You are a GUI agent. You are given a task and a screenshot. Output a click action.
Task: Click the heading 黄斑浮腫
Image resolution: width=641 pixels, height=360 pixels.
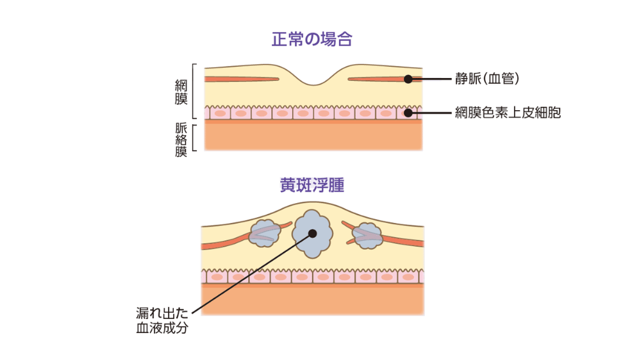pyautogui.click(x=312, y=185)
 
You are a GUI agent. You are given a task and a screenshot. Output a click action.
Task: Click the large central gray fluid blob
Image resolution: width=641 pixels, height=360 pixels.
pyautogui.click(x=312, y=234)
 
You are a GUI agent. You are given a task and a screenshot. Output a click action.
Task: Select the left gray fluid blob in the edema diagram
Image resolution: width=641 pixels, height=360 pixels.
pyautogui.click(x=263, y=233)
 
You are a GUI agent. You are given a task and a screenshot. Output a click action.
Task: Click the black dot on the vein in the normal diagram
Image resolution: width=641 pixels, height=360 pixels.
pyautogui.click(x=408, y=79)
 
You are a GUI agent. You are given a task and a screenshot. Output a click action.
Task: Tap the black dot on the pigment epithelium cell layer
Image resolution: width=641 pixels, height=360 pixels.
pyautogui.click(x=408, y=113)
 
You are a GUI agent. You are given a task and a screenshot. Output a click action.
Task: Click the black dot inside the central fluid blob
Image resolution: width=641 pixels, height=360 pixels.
pyautogui.click(x=312, y=234)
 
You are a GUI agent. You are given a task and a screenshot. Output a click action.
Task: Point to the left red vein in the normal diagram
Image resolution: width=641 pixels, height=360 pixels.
pyautogui.click(x=240, y=79)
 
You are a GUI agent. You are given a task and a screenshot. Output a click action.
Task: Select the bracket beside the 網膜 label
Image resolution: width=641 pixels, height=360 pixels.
pyautogui.click(x=194, y=92)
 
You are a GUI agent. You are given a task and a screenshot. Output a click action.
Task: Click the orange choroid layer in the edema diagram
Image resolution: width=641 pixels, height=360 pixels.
pyautogui.click(x=313, y=300)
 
